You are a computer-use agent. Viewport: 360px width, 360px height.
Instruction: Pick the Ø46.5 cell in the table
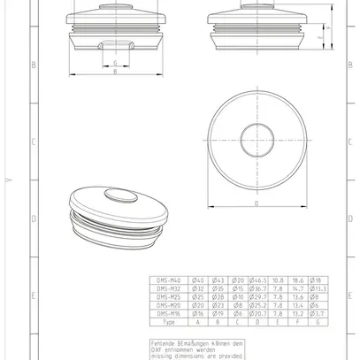258,280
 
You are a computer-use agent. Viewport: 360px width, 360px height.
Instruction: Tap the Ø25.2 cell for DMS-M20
258,305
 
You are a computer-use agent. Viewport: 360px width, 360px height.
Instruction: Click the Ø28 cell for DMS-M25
218,296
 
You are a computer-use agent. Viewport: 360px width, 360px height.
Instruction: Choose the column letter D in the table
258,322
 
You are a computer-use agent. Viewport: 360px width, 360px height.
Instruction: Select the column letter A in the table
198,322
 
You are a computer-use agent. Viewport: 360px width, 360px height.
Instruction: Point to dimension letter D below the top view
256,203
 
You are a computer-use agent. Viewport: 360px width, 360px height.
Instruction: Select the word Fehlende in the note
165,342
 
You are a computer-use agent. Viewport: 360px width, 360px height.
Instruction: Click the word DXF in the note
158,349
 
